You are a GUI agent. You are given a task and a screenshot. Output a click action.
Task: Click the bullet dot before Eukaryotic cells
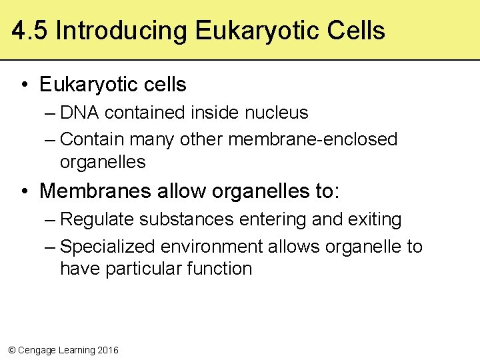point(23,85)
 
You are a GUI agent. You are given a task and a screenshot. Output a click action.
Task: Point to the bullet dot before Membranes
point(23,191)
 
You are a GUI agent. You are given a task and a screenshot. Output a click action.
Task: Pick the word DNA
point(80,113)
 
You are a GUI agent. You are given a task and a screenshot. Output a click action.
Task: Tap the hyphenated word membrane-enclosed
point(313,139)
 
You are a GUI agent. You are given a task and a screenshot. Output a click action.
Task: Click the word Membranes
point(96,191)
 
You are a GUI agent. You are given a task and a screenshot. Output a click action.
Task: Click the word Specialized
point(107,247)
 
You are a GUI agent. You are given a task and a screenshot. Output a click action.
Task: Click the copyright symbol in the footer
point(11,350)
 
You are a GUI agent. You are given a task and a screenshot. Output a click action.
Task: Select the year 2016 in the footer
point(107,350)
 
